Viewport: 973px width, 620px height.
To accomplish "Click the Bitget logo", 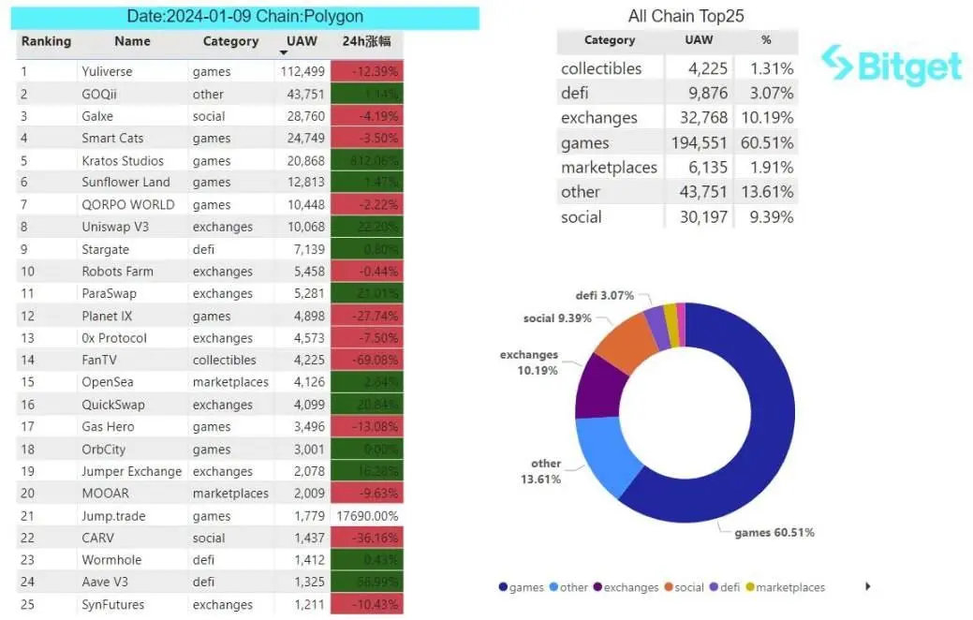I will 891,66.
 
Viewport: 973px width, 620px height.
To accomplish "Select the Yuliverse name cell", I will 107,71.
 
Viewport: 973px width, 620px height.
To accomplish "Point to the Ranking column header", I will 46,41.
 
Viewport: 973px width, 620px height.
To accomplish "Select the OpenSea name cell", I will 109,382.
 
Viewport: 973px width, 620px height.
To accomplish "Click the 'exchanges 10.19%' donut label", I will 529,362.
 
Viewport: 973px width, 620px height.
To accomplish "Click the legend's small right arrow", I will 868,586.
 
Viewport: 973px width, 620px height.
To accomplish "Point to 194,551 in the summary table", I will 699,143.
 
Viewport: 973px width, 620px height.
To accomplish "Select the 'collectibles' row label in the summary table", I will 601,68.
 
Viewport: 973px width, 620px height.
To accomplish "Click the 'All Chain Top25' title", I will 686,16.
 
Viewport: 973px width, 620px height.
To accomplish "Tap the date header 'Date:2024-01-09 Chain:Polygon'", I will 244,17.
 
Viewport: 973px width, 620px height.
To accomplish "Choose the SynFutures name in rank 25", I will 112,604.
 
